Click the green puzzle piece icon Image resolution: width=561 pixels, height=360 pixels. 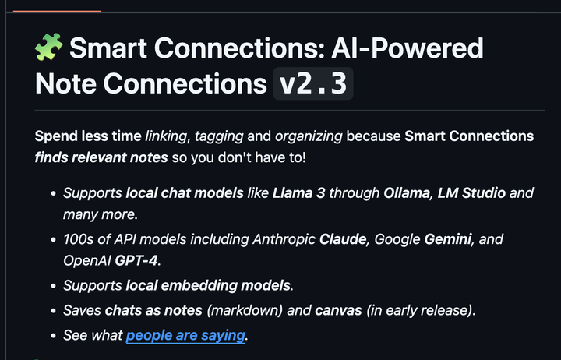pyautogui.click(x=49, y=47)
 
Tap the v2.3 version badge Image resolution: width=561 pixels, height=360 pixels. pyautogui.click(x=313, y=83)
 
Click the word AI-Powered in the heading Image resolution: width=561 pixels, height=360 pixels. pyautogui.click(x=408, y=48)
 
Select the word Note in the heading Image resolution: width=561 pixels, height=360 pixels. pyautogui.click(x=65, y=83)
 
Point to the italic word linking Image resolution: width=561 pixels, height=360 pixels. pyautogui.click(x=166, y=136)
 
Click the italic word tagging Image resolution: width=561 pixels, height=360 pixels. pyautogui.click(x=219, y=136)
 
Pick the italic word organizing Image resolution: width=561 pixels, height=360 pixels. pyautogui.click(x=309, y=136)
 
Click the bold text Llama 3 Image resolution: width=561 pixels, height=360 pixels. pyautogui.click(x=298, y=193)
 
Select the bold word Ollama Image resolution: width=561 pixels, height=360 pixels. pyautogui.click(x=407, y=193)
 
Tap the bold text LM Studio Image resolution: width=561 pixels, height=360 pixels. pyautogui.click(x=471, y=193)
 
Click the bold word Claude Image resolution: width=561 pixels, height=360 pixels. pyautogui.click(x=343, y=239)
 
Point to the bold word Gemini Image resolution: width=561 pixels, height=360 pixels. pyautogui.click(x=447, y=239)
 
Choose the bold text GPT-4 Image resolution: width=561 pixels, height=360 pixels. pyautogui.click(x=136, y=260)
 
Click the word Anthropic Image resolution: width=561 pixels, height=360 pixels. pyautogui.click(x=284, y=240)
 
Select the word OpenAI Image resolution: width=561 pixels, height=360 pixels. pyautogui.click(x=87, y=261)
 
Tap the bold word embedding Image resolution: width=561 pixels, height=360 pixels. pyautogui.click(x=199, y=286)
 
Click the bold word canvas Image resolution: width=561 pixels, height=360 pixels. pyautogui.click(x=338, y=311)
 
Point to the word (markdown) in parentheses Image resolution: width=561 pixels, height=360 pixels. pyautogui.click(x=245, y=311)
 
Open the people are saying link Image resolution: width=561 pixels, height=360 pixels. pyautogui.click(x=185, y=336)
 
